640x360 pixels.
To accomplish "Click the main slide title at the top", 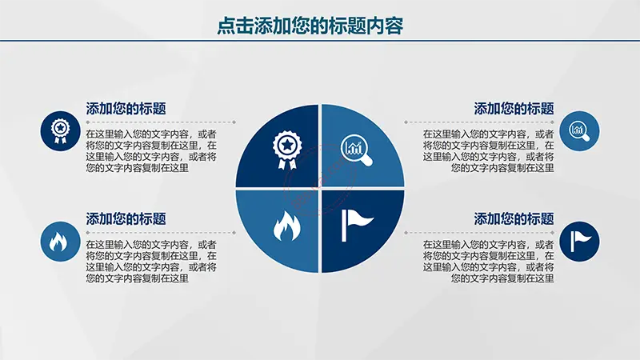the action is click(x=310, y=26).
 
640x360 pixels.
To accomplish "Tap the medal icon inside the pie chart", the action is click(x=287, y=150).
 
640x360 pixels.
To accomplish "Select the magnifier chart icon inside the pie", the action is click(x=356, y=150).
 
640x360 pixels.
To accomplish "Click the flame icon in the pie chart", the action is click(x=286, y=226).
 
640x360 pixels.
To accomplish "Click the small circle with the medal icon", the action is click(x=61, y=131).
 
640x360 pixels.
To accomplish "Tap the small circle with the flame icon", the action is click(x=61, y=242).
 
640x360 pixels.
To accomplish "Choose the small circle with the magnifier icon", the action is click(x=579, y=131).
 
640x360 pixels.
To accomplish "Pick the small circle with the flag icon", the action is click(x=579, y=242).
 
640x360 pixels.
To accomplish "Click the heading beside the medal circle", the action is click(x=126, y=109).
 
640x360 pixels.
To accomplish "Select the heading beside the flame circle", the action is click(x=126, y=219).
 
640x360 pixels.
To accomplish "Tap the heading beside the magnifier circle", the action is click(x=514, y=109).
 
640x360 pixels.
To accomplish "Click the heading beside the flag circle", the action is click(x=514, y=219).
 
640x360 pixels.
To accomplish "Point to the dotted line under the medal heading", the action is click(x=161, y=122).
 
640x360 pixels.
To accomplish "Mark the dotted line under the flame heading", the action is click(x=161, y=233).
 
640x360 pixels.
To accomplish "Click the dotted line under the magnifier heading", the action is click(x=479, y=122).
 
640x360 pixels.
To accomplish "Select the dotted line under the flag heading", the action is click(x=479, y=233).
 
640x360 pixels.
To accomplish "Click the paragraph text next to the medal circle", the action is click(x=151, y=151).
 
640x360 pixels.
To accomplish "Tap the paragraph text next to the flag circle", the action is click(x=489, y=262).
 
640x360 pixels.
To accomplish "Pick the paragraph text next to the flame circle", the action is click(x=151, y=262).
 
